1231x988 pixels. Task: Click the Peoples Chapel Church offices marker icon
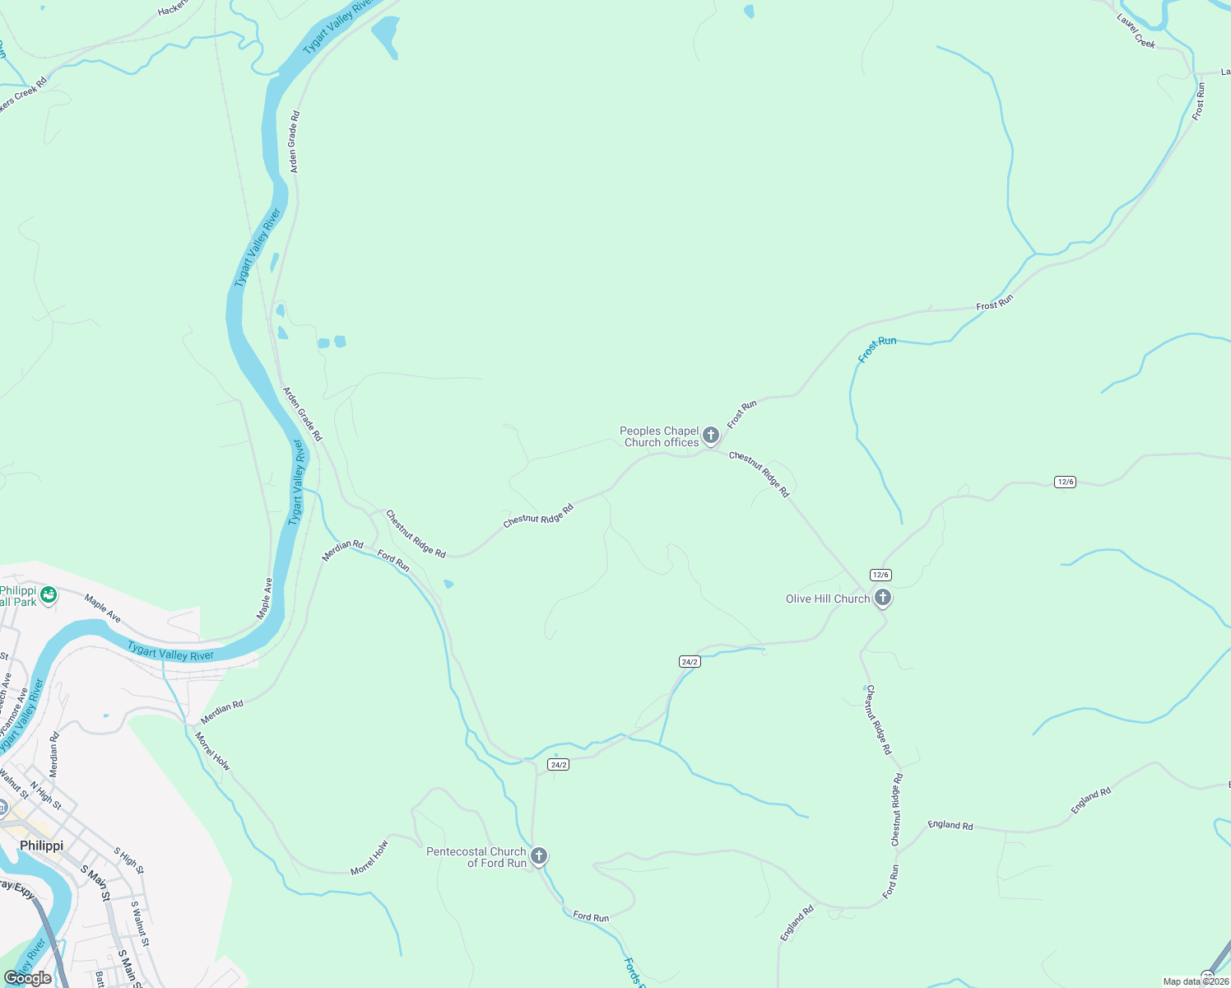[711, 435]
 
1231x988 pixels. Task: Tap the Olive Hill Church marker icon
[882, 597]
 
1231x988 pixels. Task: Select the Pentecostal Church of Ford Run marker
[538, 855]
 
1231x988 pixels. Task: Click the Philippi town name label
[41, 846]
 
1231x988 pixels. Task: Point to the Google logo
[27, 978]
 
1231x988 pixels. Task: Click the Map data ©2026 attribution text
[1195, 981]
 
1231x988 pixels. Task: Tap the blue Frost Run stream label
[876, 349]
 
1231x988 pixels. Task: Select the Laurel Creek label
[1136, 31]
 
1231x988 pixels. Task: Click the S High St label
[128, 860]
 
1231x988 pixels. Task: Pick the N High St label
[46, 796]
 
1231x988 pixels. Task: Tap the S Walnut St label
[140, 924]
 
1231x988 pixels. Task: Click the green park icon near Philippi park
[49, 593]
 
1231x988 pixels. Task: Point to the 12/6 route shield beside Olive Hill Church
[880, 575]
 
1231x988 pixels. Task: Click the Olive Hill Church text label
[827, 599]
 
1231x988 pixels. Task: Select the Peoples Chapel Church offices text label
[660, 436]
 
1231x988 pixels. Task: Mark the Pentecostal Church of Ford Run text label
[476, 857]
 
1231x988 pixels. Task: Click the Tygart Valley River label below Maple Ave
[170, 655]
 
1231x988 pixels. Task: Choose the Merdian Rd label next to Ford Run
[342, 550]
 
